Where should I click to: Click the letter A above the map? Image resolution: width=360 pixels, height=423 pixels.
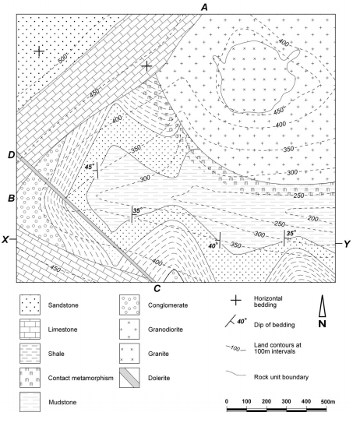(x=205, y=7)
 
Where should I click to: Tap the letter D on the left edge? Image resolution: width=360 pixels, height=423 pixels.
(x=12, y=155)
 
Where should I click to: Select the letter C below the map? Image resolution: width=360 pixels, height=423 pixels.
(x=157, y=289)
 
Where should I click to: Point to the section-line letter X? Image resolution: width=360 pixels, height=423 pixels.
(x=5, y=239)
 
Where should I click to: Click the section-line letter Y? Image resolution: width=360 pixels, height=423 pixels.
(x=347, y=244)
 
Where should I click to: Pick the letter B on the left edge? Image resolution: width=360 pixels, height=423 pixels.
(x=11, y=199)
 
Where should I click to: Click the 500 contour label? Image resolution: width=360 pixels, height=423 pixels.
(x=62, y=58)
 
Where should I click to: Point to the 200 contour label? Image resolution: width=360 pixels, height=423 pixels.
(x=313, y=218)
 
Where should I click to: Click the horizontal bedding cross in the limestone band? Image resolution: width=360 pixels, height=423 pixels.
(x=146, y=65)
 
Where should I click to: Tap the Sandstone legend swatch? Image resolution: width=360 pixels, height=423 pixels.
(x=30, y=305)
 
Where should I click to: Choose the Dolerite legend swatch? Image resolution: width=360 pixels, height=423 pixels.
(x=129, y=378)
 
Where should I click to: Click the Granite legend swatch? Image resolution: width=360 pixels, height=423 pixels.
(x=129, y=354)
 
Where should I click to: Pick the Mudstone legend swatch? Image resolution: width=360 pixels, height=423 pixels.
(x=30, y=402)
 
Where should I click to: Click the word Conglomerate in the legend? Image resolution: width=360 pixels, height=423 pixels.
(x=168, y=305)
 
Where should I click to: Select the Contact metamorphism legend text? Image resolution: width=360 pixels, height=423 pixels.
(x=81, y=378)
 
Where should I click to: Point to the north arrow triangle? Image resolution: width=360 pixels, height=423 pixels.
(x=323, y=305)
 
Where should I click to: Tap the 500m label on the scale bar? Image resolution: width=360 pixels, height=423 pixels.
(x=328, y=401)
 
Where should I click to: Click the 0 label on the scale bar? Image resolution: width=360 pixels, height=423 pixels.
(x=227, y=401)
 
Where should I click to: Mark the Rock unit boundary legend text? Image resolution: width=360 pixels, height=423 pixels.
(x=281, y=377)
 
